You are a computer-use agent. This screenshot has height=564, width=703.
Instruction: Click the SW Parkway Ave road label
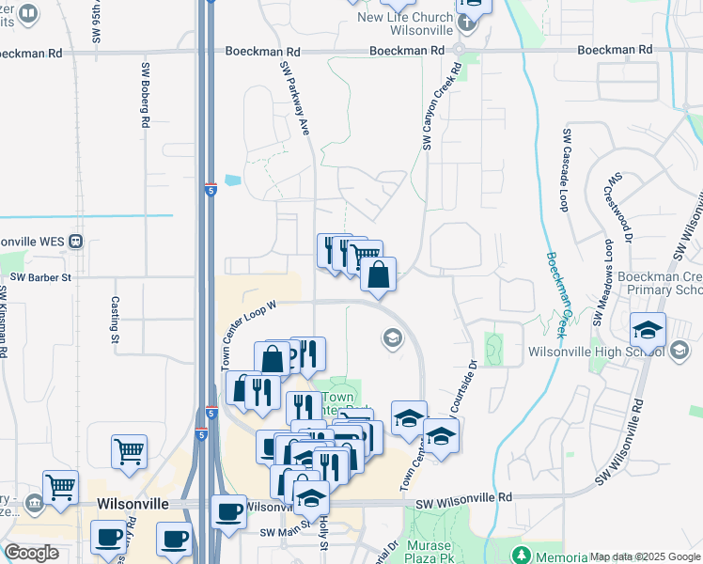pyautogui.click(x=293, y=99)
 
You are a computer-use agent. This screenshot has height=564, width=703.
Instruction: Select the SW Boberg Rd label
pyautogui.click(x=146, y=94)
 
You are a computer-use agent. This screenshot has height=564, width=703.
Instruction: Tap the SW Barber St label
pyautogui.click(x=40, y=277)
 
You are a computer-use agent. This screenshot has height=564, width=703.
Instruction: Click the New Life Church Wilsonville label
pyautogui.click(x=405, y=23)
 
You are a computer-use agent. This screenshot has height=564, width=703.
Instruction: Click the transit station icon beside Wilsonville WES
pyautogui.click(x=74, y=241)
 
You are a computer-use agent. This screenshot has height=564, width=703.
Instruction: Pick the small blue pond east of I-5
pyautogui.click(x=232, y=180)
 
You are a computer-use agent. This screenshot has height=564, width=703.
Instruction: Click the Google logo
pyautogui.click(x=31, y=553)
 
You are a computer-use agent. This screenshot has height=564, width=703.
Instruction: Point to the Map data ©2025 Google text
pyautogui.click(x=645, y=556)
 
